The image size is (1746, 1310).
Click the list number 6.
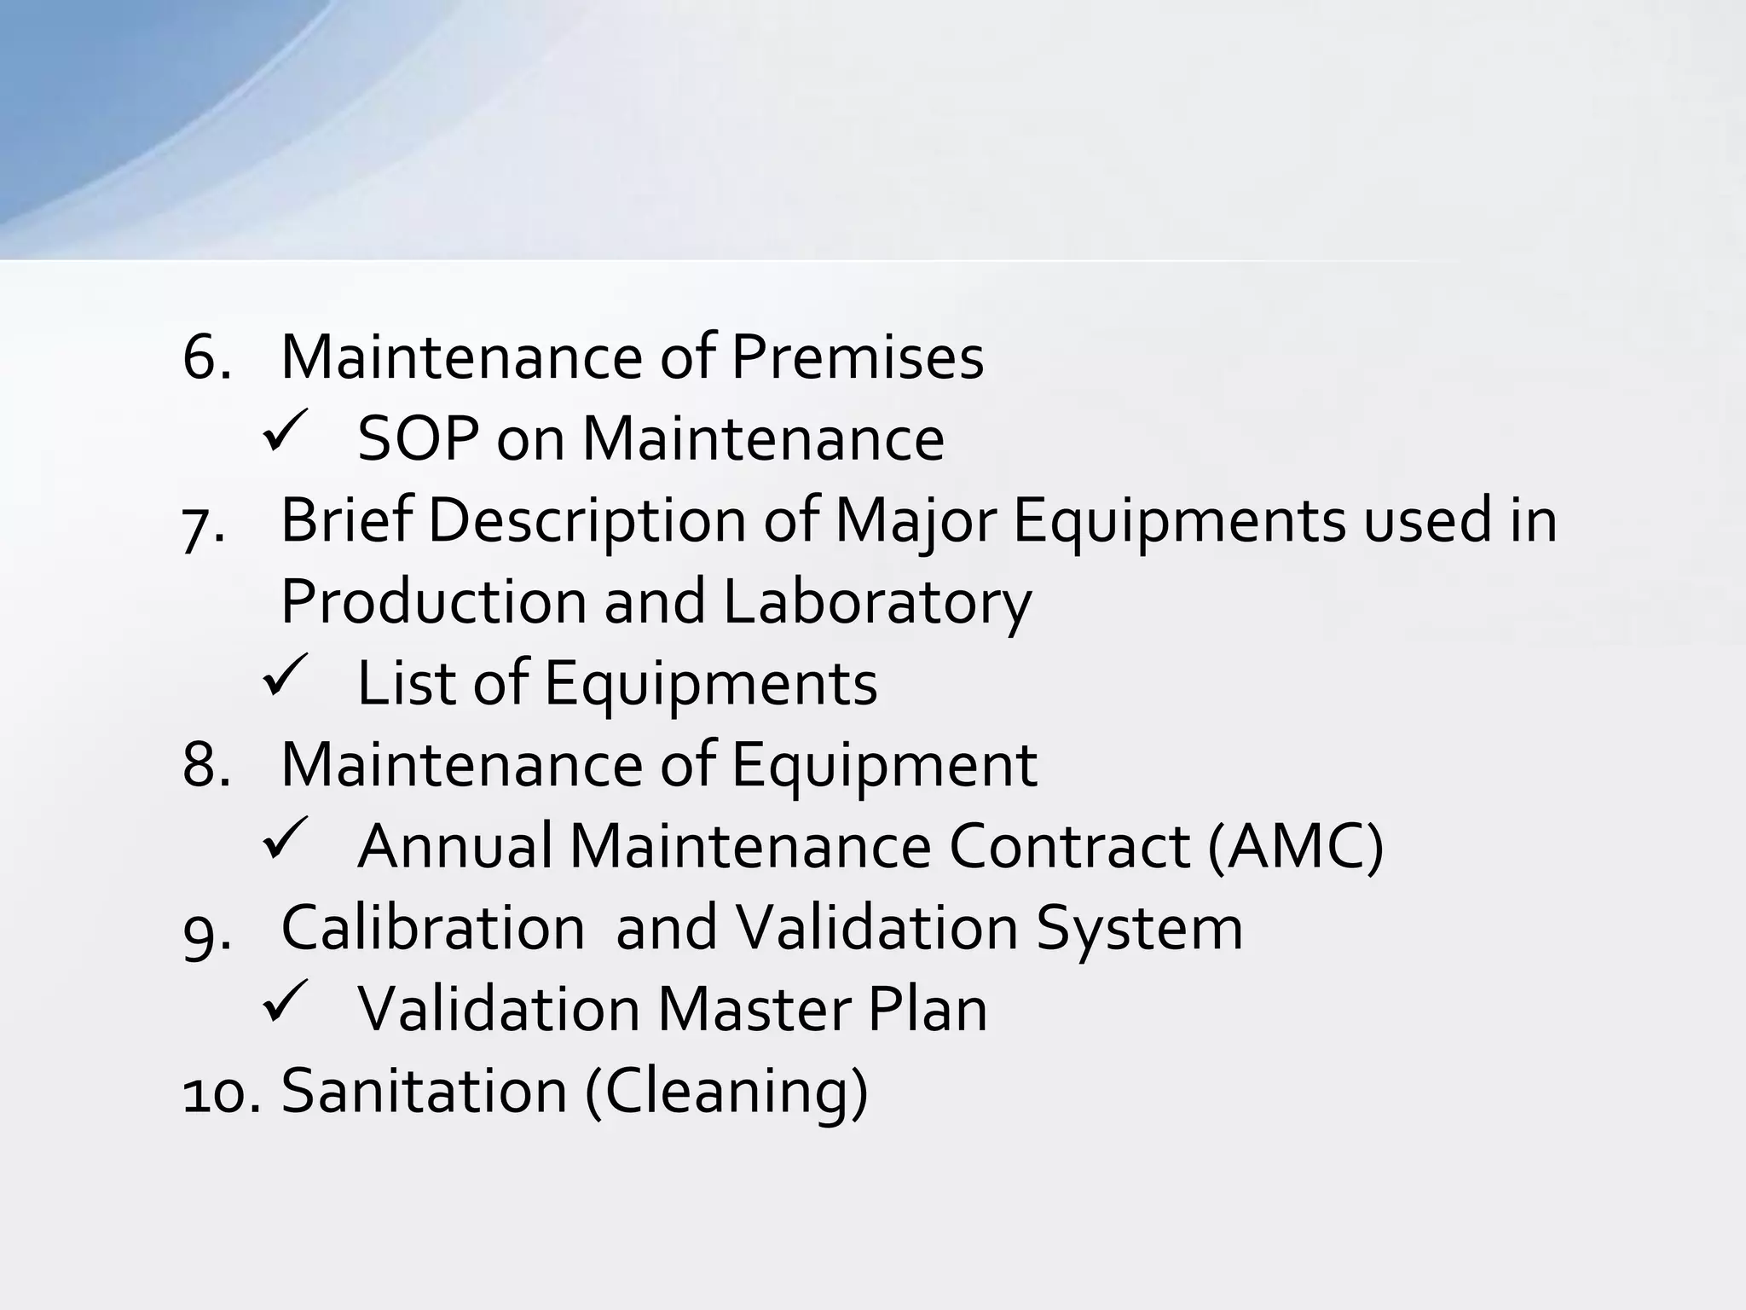pos(205,358)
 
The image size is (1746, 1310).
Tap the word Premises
pos(857,358)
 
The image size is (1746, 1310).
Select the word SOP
pos(417,440)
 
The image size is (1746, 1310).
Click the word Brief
pos(345,520)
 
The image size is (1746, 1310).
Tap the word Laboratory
pos(877,602)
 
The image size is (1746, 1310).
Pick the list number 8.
pos(205,765)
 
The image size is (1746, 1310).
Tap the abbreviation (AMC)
pos(1295,848)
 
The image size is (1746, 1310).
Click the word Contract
pos(1069,847)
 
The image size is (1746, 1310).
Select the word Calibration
pos(432,928)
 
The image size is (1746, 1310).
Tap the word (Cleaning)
pos(726,1093)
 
